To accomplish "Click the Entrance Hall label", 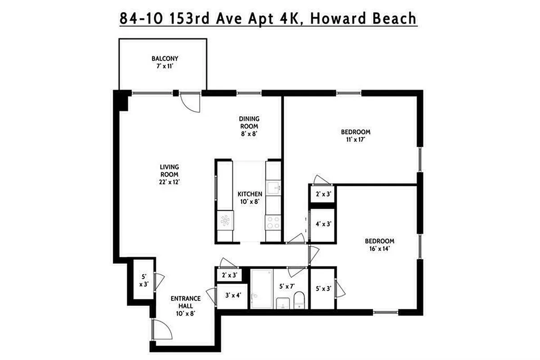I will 185,306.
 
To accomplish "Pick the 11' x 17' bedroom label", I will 355,135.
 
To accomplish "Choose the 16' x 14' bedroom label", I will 379,244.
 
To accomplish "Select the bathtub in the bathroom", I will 261,288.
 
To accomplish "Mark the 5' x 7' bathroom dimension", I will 286,287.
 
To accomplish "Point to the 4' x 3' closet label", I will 322,224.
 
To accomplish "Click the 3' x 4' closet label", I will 232,296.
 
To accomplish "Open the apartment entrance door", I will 162,331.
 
